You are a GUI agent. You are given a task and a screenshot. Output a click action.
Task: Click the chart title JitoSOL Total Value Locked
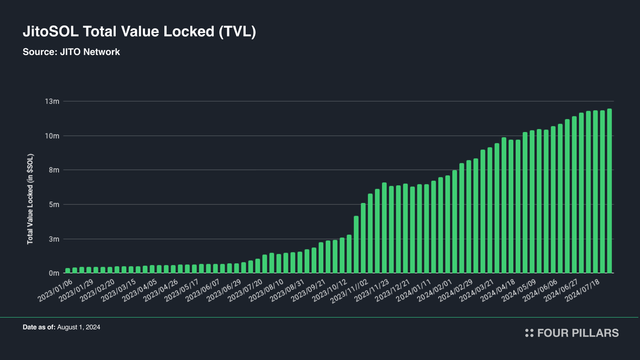pos(140,31)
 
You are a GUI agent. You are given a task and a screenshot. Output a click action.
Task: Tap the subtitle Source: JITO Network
pos(71,52)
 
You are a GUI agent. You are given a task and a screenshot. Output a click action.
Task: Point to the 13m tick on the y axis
pos(51,101)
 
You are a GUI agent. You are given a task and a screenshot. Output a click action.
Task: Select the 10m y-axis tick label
pos(51,136)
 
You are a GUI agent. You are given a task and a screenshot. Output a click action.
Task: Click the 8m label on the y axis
pos(53,170)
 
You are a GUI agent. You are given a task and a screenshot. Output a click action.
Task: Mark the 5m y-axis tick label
pos(53,205)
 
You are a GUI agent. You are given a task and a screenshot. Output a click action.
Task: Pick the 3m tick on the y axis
pos(53,239)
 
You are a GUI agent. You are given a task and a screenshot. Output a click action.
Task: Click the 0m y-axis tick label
pos(53,273)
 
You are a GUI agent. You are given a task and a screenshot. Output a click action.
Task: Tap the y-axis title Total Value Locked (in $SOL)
pos(31,200)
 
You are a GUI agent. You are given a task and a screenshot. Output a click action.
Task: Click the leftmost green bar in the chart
pos(68,270)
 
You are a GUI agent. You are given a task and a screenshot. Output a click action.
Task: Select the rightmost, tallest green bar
pos(609,191)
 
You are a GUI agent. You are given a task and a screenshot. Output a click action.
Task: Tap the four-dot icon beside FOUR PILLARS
pos(529,333)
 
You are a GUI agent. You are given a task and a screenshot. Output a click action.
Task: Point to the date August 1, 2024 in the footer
pos(78,327)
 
